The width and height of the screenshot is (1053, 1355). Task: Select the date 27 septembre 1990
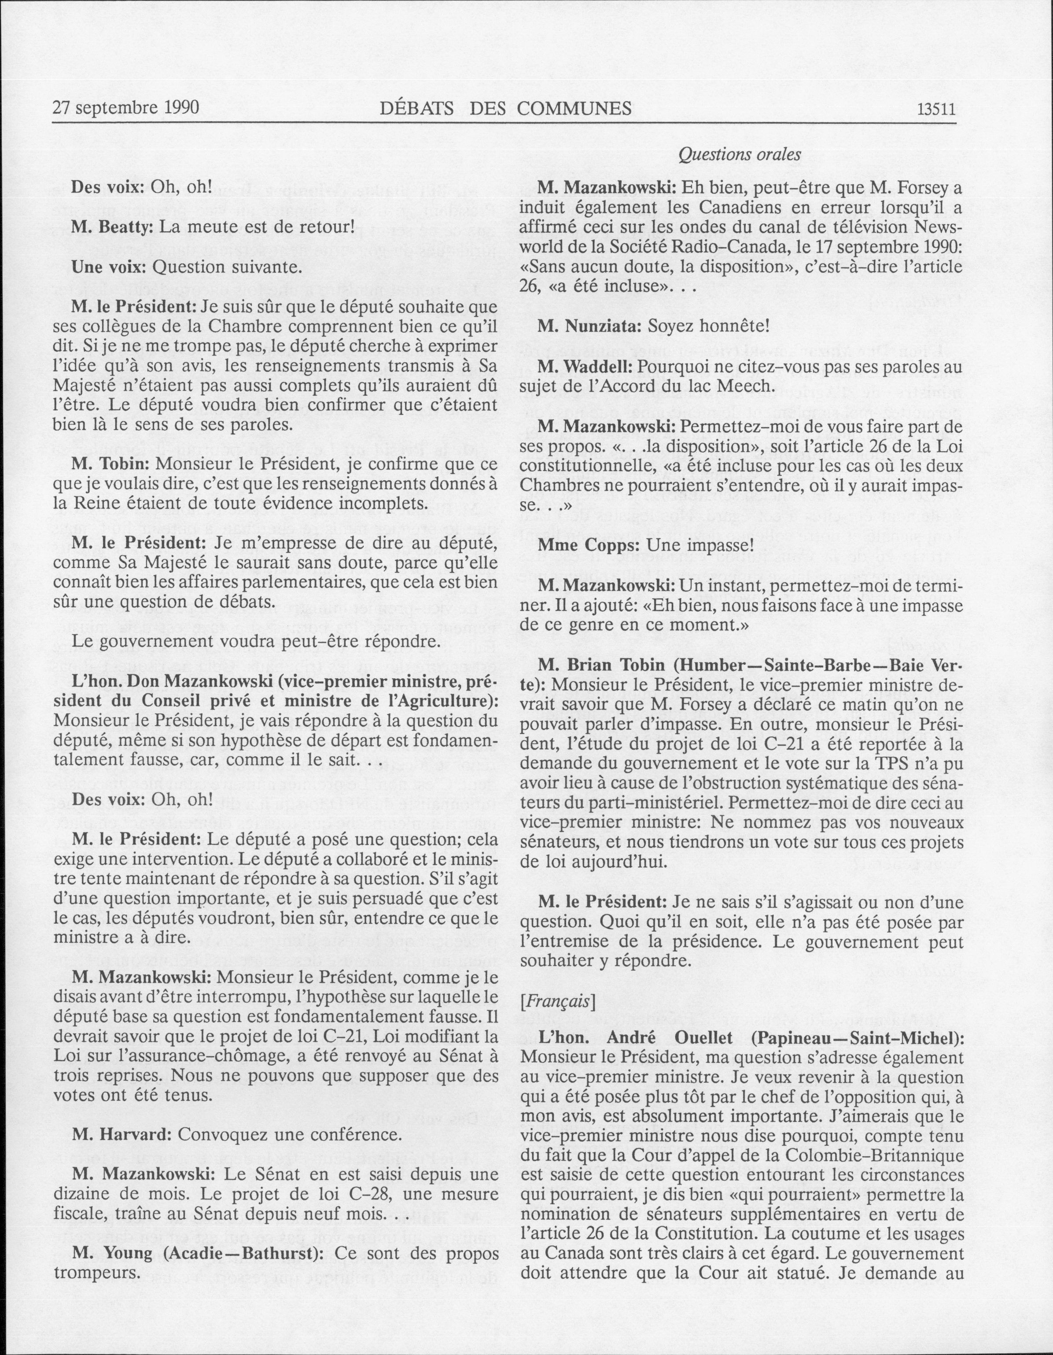(126, 108)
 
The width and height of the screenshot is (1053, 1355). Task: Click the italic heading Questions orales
(740, 155)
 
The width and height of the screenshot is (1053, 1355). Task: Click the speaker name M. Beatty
(112, 227)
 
